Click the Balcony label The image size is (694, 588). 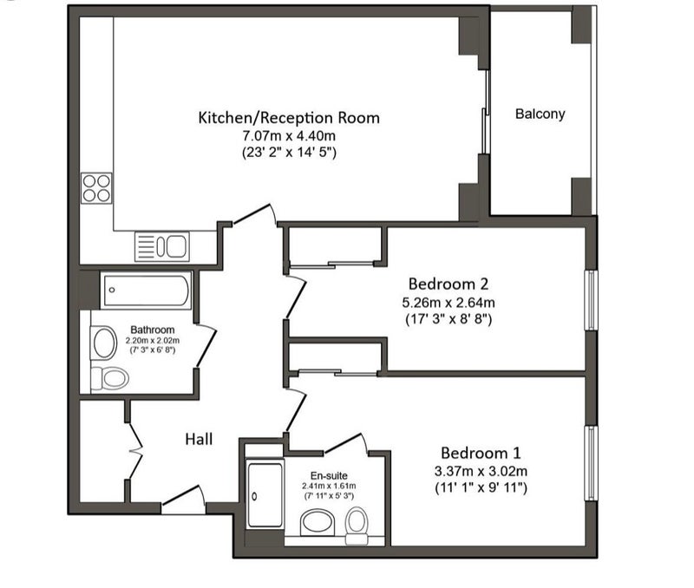[540, 114]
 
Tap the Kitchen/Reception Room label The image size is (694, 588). [289, 118]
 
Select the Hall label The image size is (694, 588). [199, 439]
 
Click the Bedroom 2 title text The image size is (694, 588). [448, 284]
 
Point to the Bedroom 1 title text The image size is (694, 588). [481, 453]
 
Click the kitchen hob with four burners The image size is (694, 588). [96, 188]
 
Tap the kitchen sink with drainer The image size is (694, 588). [162, 246]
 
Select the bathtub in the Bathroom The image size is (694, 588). [146, 291]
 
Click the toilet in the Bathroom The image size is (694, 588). [110, 379]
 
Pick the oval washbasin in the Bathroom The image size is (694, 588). [103, 343]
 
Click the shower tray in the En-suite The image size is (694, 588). [265, 494]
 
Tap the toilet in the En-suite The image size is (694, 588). [357, 526]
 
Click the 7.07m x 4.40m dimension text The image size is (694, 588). [289, 135]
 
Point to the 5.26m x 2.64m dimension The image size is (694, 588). [448, 303]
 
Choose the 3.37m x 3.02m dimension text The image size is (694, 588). [481, 471]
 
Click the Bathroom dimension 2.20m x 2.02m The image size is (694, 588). [153, 341]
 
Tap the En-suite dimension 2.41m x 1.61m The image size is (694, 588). [329, 486]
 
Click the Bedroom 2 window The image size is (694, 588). [591, 300]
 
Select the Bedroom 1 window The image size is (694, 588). [591, 463]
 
